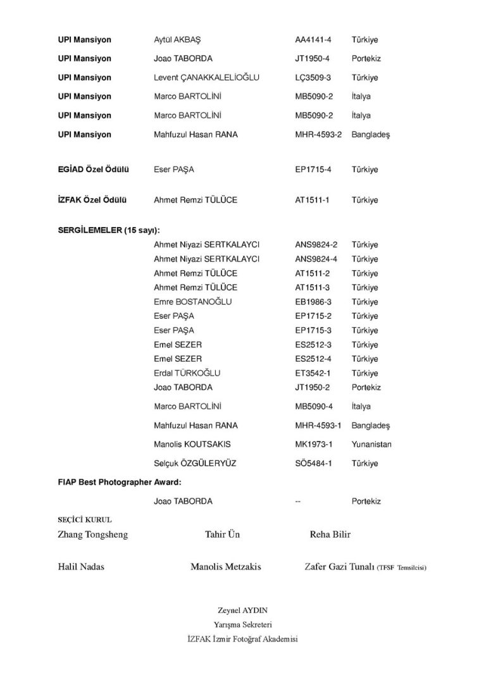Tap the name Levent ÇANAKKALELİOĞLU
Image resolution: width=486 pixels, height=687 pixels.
pos(206,78)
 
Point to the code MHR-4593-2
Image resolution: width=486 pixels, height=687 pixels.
pos(318,135)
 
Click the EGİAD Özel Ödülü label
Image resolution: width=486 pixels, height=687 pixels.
pos(94,170)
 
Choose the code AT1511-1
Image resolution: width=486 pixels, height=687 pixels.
pos(313,200)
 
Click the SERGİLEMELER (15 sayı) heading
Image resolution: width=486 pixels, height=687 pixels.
pos(109,230)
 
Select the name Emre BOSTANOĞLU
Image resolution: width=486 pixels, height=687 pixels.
pos(192,302)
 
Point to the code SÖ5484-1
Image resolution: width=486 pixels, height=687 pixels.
pos(313,464)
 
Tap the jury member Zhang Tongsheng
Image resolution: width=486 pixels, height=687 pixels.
pos(93,535)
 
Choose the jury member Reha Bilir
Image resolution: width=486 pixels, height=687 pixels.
pos(330,535)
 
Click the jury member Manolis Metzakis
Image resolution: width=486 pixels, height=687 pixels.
pos(226,567)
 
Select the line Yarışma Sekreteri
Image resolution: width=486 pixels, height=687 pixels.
pos(242,624)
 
